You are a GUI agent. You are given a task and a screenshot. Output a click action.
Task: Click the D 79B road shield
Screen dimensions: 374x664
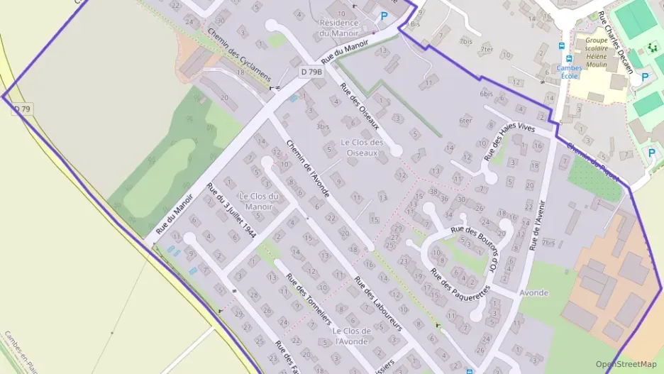pyautogui.click(x=311, y=72)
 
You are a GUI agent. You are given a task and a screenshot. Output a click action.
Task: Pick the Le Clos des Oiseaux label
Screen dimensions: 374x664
pyautogui.click(x=363, y=146)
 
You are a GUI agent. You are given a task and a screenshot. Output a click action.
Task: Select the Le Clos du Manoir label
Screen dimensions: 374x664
pyautogui.click(x=258, y=202)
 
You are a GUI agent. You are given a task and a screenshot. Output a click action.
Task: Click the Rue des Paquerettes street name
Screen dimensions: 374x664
pyautogui.click(x=460, y=280)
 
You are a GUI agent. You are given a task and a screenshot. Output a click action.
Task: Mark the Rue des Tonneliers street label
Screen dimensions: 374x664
pyautogui.click(x=308, y=298)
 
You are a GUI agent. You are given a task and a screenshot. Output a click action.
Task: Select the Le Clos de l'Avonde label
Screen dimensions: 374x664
pyautogui.click(x=351, y=336)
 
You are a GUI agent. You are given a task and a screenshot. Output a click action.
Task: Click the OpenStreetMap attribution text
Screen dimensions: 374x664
pyautogui.click(x=626, y=364)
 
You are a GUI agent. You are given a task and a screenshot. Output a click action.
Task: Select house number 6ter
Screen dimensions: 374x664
pyautogui.click(x=465, y=121)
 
